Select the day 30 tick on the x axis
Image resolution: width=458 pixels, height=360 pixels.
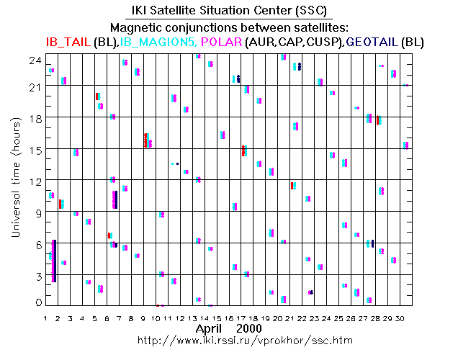[x=407, y=317]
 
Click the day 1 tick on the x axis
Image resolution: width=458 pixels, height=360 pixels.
[x=46, y=317]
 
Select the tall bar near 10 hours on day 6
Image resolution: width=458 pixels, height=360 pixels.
[x=115, y=199]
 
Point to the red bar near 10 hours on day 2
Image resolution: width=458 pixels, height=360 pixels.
[x=60, y=204]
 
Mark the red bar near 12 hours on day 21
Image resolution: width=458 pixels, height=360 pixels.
[x=292, y=186]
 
